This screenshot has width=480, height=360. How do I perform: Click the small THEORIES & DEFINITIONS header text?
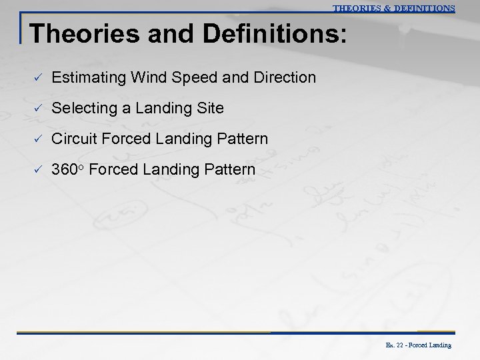(x=393, y=9)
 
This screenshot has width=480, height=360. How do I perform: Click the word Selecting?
(x=83, y=109)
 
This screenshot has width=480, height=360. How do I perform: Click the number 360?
(x=65, y=170)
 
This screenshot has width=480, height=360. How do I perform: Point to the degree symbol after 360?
(x=82, y=168)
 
